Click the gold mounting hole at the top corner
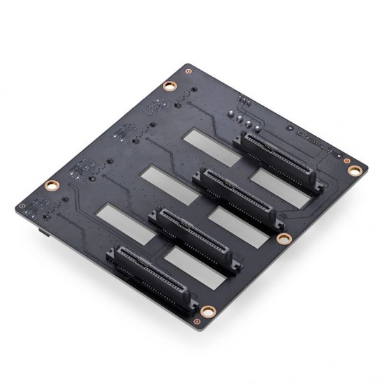(x=168, y=87)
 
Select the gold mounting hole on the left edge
(x=50, y=186)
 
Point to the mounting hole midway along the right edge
(x=283, y=239)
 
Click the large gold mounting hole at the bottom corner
(x=207, y=312)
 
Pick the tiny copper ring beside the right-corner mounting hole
(x=346, y=160)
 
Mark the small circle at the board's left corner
(x=24, y=207)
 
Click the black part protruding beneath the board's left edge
(x=41, y=230)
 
